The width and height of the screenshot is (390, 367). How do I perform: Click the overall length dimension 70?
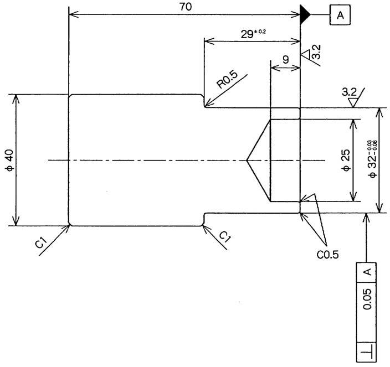(186, 7)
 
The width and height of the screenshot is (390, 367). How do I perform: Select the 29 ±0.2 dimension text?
(253, 34)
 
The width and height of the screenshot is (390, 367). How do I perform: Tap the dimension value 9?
(286, 60)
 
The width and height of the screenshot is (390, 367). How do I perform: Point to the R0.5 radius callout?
(227, 80)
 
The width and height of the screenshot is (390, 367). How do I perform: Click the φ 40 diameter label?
(10, 161)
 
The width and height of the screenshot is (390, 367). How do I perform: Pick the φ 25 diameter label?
(346, 161)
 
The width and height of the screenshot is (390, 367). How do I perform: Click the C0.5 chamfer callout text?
(327, 254)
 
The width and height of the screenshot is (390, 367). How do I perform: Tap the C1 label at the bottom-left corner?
(41, 243)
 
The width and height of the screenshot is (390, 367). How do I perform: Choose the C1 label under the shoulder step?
(225, 237)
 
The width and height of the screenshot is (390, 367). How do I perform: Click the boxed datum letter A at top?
(340, 15)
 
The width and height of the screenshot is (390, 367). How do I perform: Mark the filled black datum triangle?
(305, 14)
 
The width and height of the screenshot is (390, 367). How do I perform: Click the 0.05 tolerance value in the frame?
(367, 299)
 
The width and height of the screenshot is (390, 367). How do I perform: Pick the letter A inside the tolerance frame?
(367, 272)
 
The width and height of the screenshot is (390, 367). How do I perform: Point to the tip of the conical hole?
(247, 161)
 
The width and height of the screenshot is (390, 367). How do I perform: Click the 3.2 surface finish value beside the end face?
(316, 51)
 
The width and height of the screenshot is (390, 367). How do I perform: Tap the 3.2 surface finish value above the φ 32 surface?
(349, 92)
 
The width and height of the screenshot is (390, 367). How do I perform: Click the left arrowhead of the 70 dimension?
(74, 14)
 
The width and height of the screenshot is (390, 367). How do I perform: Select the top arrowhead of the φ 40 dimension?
(16, 100)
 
